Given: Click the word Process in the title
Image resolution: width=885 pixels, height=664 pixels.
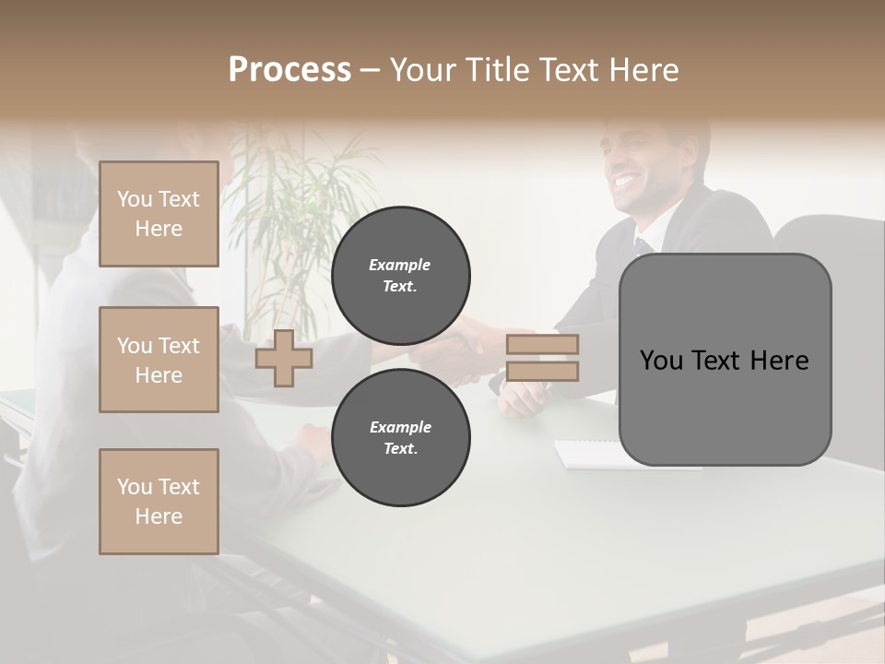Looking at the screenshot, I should tap(289, 70).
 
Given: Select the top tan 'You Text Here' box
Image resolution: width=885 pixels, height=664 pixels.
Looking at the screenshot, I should tap(159, 214).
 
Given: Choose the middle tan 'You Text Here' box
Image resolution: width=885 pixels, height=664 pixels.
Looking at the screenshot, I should tap(159, 360).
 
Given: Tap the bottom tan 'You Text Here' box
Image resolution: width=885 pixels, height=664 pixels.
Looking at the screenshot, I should tap(159, 502).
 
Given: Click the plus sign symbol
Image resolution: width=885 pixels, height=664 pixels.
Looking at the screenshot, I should tap(283, 358).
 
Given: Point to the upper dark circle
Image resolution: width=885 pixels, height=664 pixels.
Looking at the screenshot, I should tap(400, 275).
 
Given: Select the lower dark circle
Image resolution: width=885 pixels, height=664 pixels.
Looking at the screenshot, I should tap(400, 437).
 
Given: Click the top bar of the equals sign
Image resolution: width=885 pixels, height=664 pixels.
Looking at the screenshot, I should tap(542, 345).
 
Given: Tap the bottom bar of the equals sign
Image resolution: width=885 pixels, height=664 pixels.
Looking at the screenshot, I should tap(542, 371).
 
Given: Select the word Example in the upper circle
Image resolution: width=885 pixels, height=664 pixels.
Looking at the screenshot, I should tap(399, 265).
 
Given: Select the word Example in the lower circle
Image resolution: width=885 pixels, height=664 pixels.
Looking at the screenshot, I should tap(400, 427).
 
